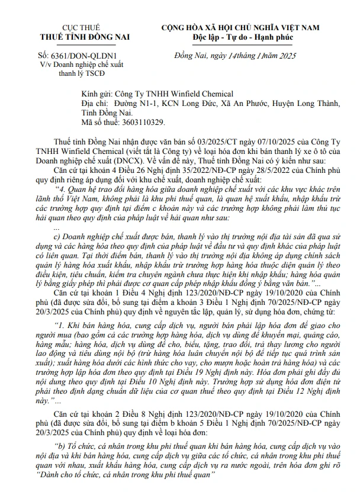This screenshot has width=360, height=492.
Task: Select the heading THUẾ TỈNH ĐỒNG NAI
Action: pos(78,36)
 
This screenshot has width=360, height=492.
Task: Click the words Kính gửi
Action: pos(97,94)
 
